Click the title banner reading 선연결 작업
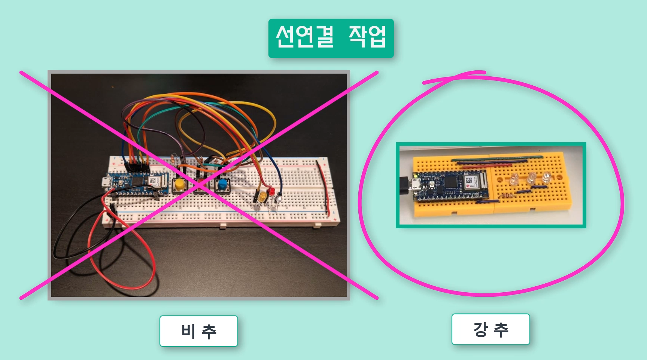331,38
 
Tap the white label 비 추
198,331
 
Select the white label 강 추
490,329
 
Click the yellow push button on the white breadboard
179,184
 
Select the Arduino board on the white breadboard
135,183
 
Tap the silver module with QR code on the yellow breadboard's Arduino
471,182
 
